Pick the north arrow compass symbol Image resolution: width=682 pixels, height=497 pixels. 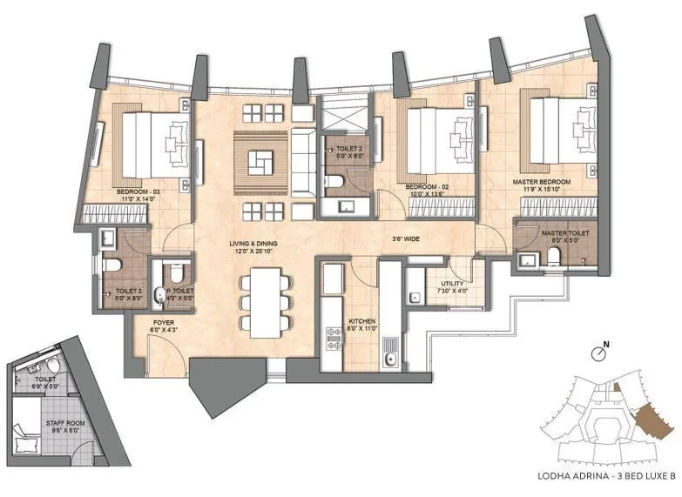pyautogui.click(x=598, y=353)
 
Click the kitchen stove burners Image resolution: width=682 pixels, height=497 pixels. pyautogui.click(x=332, y=339)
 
